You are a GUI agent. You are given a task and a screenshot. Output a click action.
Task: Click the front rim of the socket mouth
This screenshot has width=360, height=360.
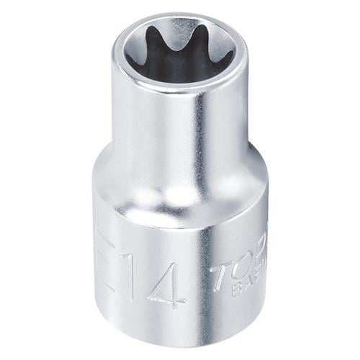click(180, 87)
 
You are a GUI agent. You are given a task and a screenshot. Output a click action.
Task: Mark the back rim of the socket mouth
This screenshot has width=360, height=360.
click(180, 16)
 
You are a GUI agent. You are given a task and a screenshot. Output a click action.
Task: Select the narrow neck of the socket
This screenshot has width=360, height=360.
click(180, 122)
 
